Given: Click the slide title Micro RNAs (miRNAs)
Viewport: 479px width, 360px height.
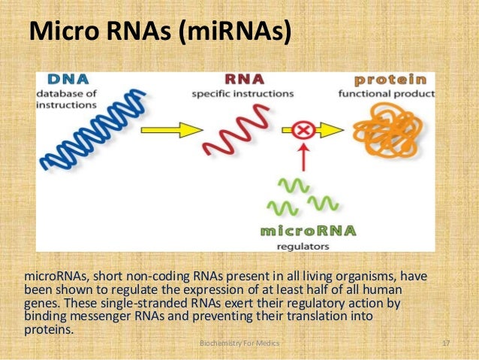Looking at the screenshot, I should click(x=159, y=32).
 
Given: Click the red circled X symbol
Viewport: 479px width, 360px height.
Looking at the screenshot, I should click(x=305, y=131).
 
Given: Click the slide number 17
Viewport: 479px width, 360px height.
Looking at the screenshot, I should click(x=447, y=343).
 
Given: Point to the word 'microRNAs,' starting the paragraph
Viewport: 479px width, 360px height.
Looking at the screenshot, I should click(x=58, y=276).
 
